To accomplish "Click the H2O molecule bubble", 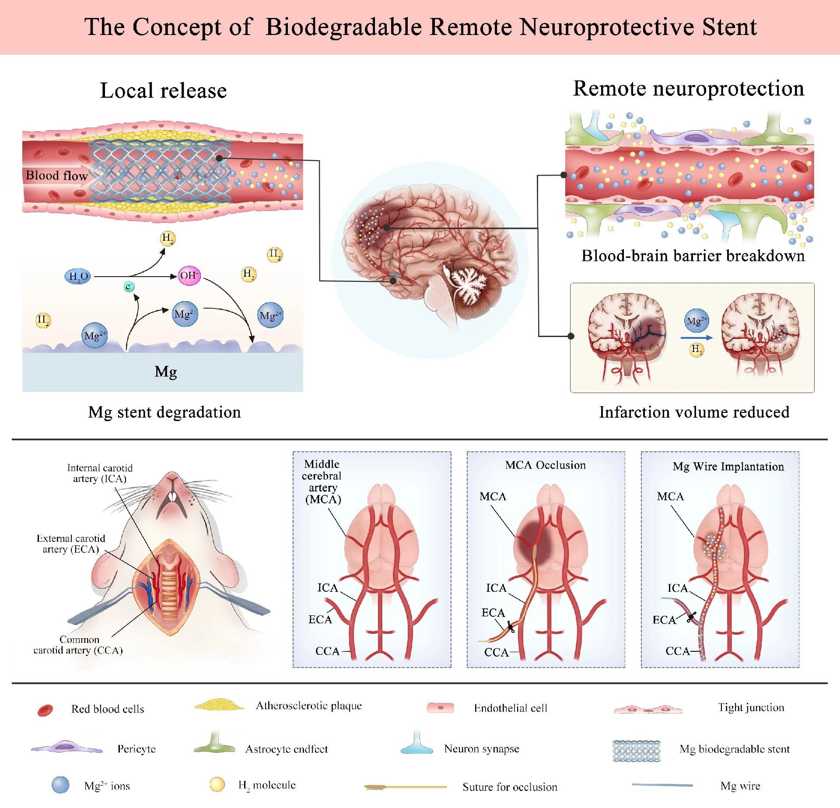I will click(x=78, y=276).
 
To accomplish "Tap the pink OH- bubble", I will click(x=189, y=276).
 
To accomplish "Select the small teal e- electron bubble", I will click(x=129, y=287).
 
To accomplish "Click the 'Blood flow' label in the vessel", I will click(x=56, y=176).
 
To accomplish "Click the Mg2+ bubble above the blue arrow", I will click(x=696, y=321).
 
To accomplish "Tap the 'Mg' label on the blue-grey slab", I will click(x=165, y=372).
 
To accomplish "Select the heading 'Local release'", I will click(x=163, y=91).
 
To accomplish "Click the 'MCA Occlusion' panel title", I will click(x=545, y=465).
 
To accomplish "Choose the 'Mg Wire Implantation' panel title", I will click(x=728, y=467).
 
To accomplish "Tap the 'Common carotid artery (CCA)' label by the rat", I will click(x=78, y=645).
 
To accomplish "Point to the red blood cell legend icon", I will click(x=45, y=710).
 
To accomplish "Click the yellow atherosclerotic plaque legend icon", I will click(x=219, y=705).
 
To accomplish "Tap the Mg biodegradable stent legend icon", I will click(x=636, y=751).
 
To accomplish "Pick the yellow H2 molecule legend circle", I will click(x=217, y=784).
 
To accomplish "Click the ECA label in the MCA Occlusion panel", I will click(x=493, y=613).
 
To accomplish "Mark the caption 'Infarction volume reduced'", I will click(x=694, y=412).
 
